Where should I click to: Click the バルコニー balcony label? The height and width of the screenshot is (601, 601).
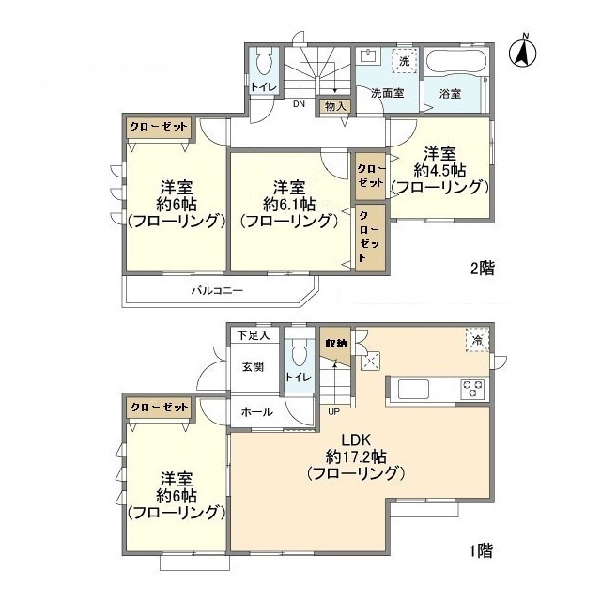pyautogui.click(x=218, y=291)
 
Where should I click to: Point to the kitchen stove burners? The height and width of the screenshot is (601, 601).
pyautogui.click(x=471, y=387)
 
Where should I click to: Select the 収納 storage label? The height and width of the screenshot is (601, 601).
pyautogui.click(x=335, y=344)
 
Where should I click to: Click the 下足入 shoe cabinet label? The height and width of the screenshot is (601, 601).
pyautogui.click(x=253, y=334)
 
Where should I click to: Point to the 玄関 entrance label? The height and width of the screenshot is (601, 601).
pyautogui.click(x=254, y=366)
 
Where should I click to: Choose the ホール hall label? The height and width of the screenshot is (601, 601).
pyautogui.click(x=257, y=411)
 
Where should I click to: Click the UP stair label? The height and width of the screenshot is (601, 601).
pyautogui.click(x=333, y=411)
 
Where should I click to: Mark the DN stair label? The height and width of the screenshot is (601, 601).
pyautogui.click(x=298, y=104)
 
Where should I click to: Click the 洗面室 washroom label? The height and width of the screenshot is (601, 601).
pyautogui.click(x=386, y=94)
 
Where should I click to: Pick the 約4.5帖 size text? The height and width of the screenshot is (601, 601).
pyautogui.click(x=440, y=170)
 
